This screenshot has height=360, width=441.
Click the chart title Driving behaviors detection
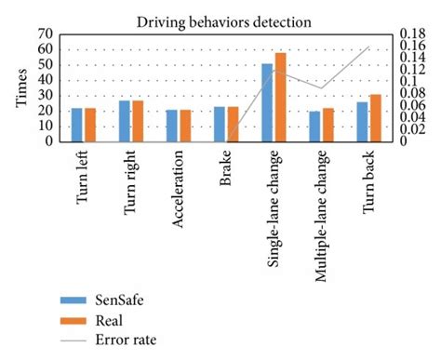pos(222,18)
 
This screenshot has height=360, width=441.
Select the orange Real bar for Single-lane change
pos(280,98)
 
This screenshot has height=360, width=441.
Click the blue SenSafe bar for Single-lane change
pos(267,102)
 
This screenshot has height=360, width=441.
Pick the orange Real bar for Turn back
pos(375,118)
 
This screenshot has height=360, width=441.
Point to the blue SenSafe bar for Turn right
pos(125,121)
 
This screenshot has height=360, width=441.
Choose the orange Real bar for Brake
pos(233,124)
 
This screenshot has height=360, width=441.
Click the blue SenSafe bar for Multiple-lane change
pos(314,127)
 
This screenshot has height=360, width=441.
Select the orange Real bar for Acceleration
pos(185,126)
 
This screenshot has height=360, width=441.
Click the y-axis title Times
pos(20,87)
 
